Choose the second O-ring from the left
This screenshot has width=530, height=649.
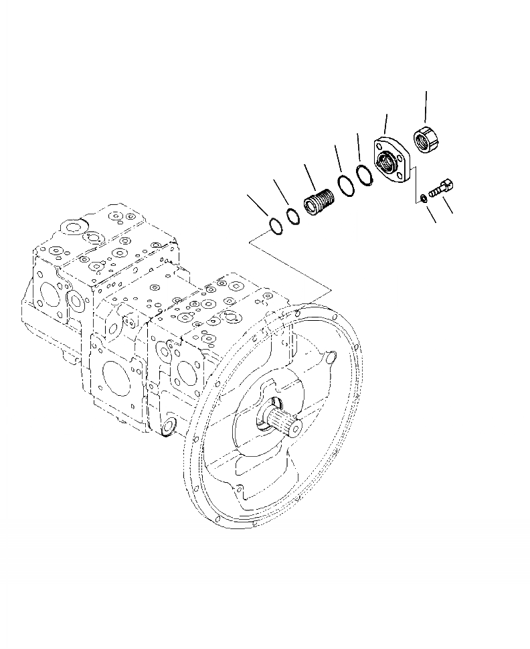tap(293, 217)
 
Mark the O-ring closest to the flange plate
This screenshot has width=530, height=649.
tap(365, 175)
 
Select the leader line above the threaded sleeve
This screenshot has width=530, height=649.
tap(309, 175)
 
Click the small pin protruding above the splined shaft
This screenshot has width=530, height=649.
tap(332, 359)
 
